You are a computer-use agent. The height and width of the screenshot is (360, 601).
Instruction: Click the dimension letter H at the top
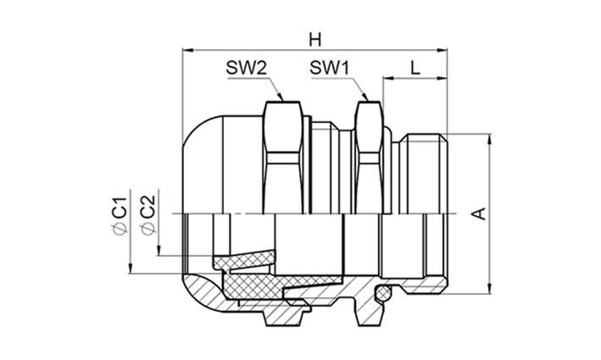pos(315,40)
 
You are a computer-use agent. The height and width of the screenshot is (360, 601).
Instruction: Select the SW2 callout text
pos(244,68)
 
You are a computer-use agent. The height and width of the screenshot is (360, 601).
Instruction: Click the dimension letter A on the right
pos(479,215)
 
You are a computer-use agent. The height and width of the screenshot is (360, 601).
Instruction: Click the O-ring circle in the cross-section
pos(385,294)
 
